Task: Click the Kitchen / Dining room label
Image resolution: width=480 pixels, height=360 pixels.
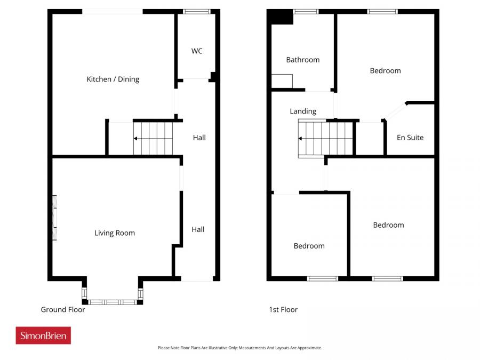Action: pyautogui.click(x=113, y=79)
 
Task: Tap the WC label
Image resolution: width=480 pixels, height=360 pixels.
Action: pyautogui.click(x=197, y=51)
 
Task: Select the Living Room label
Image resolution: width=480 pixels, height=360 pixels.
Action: pyautogui.click(x=115, y=233)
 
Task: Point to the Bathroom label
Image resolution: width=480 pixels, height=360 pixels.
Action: pyautogui.click(x=303, y=60)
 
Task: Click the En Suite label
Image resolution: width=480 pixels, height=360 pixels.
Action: pyautogui.click(x=410, y=138)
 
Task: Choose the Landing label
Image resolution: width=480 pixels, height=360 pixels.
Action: pyautogui.click(x=303, y=111)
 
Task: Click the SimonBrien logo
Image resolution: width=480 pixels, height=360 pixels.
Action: pyautogui.click(x=43, y=335)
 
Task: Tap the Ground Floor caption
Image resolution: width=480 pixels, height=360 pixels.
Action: pyautogui.click(x=63, y=310)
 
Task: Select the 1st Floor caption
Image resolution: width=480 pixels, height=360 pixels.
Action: pyautogui.click(x=284, y=310)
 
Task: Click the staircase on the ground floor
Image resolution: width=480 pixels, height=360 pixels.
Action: pyautogui.click(x=153, y=139)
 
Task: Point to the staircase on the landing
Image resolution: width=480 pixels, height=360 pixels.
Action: pyautogui.click(x=326, y=139)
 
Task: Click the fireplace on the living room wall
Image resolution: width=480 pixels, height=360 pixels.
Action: pyautogui.click(x=54, y=218)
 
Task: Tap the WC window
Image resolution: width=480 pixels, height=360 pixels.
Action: pyautogui.click(x=197, y=11)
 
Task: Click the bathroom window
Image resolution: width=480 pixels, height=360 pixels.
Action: pyautogui.click(x=306, y=11)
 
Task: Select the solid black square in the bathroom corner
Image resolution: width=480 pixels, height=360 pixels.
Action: pyautogui.click(x=282, y=17)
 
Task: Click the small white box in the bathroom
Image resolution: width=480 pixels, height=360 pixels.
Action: pyautogui.click(x=282, y=81)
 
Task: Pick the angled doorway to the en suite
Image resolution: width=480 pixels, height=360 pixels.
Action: pyautogui.click(x=395, y=111)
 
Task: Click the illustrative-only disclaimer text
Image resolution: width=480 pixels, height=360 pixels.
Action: pyautogui.click(x=240, y=348)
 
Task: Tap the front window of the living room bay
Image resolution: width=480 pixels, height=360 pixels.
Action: pyautogui.click(x=113, y=302)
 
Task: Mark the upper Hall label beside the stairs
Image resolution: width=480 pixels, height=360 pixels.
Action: pyautogui.click(x=199, y=138)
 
